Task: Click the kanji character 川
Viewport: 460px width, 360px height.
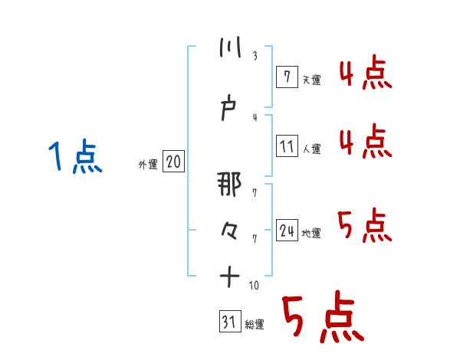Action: pyautogui.click(x=229, y=47)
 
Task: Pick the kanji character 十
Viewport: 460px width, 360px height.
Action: pyautogui.click(x=229, y=275)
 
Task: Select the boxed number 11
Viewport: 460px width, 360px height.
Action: pyautogui.click(x=286, y=146)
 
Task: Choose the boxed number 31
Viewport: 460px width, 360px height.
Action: pyautogui.click(x=229, y=322)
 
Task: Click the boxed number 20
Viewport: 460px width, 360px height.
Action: pyautogui.click(x=173, y=162)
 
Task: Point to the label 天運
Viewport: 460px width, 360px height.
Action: pyautogui.click(x=311, y=78)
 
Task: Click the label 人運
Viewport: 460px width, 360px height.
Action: pyautogui.click(x=311, y=149)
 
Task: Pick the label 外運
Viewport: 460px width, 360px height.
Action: pyautogui.click(x=148, y=164)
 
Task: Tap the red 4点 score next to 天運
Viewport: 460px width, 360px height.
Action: pyautogui.click(x=365, y=75)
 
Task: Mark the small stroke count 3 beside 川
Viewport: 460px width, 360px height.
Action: pyautogui.click(x=254, y=57)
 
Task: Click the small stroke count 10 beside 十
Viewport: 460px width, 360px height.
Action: pyautogui.click(x=254, y=285)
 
